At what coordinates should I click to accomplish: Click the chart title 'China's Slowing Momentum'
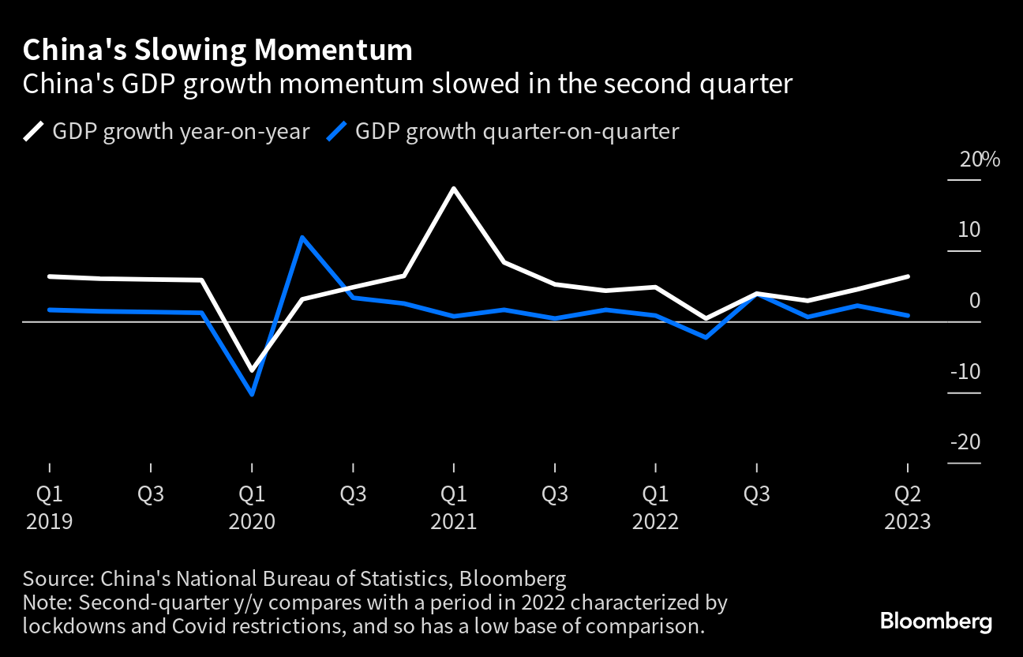click(217, 51)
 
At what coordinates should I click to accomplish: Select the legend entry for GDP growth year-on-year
click(167, 131)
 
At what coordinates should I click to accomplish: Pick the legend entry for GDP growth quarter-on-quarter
click(503, 131)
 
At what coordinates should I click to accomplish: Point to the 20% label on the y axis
click(980, 160)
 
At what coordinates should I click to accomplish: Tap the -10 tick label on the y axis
click(965, 371)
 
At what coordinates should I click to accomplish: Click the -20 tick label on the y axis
click(965, 442)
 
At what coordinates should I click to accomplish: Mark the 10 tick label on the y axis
click(969, 230)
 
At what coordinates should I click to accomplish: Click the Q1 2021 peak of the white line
click(454, 189)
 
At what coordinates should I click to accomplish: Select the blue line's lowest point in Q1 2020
click(252, 394)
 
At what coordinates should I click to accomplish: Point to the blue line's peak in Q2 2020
click(302, 237)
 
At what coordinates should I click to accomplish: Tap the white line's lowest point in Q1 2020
click(252, 370)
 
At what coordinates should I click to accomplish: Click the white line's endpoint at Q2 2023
click(909, 276)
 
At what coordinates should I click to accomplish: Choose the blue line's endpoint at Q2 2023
click(909, 315)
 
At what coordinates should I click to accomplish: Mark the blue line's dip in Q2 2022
click(706, 337)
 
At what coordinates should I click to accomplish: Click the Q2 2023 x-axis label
click(908, 494)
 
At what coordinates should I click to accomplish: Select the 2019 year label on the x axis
click(49, 522)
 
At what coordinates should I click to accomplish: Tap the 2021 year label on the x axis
click(453, 522)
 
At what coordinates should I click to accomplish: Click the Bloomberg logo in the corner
click(935, 621)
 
